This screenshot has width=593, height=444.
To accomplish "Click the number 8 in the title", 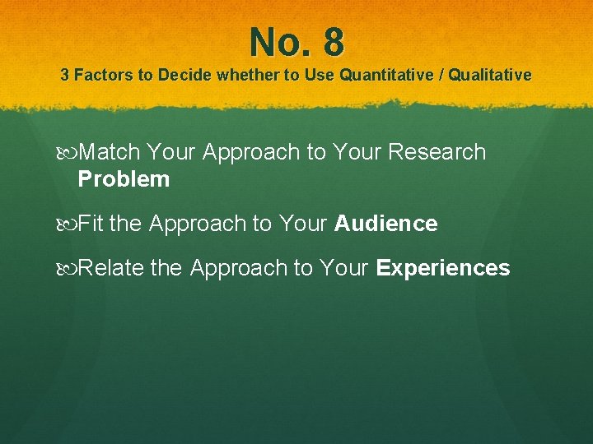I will coord(333,42).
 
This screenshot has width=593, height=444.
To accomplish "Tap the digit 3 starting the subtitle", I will coord(65,76).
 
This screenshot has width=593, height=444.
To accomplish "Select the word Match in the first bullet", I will coord(111,152).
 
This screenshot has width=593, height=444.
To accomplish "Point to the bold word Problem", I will coord(124,179).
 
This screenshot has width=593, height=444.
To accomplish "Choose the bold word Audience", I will coord(385,224).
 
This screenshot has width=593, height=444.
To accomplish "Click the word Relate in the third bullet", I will coord(112,269).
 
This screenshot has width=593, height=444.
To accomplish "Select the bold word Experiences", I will coord(442,269).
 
